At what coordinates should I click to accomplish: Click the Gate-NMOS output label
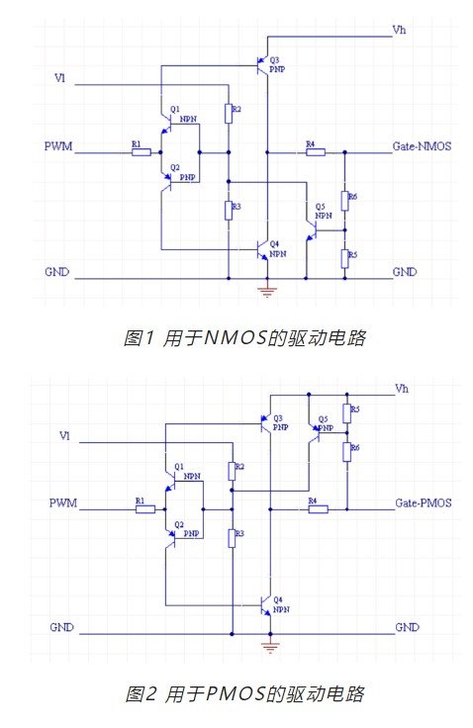(422, 146)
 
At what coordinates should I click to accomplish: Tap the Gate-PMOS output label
(424, 502)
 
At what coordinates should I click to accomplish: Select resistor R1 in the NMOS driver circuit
(142, 151)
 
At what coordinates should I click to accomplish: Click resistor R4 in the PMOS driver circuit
(319, 509)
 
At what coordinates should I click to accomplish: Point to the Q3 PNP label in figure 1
(276, 64)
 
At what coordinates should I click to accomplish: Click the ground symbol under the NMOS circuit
(267, 292)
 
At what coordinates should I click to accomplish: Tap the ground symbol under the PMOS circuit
(270, 647)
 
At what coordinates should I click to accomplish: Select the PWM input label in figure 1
(58, 146)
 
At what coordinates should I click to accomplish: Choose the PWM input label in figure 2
(62, 502)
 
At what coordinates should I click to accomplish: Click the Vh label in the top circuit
(399, 31)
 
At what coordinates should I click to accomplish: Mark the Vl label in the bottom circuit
(64, 436)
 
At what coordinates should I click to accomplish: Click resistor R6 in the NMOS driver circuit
(344, 201)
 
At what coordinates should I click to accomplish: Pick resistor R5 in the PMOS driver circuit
(347, 413)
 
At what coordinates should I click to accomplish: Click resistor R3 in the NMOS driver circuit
(229, 211)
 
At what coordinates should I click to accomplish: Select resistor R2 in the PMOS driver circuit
(232, 471)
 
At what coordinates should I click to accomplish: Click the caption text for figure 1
(244, 337)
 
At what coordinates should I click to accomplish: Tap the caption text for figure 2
(244, 694)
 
